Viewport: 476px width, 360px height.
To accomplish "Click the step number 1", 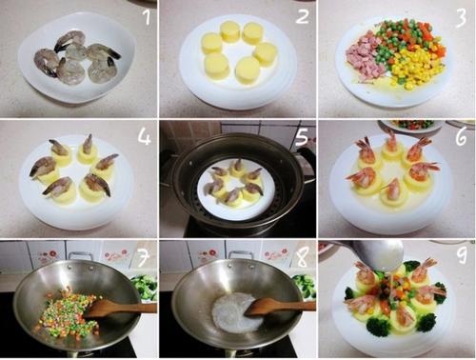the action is pyautogui.click(x=147, y=16).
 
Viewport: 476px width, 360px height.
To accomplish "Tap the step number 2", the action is pyautogui.click(x=302, y=16).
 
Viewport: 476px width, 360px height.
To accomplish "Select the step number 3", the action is pyautogui.click(x=461, y=16).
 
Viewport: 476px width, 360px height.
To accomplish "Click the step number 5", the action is pyautogui.click(x=302, y=137).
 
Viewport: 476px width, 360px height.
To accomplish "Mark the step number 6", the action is pyautogui.click(x=461, y=137).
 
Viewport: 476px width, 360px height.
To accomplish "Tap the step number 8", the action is pyautogui.click(x=302, y=257).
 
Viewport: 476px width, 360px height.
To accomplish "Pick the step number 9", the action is pyautogui.click(x=462, y=255).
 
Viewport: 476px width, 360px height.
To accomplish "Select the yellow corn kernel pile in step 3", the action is pyautogui.click(x=416, y=69).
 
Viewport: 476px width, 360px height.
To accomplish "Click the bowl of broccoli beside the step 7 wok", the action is pyautogui.click(x=145, y=288).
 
